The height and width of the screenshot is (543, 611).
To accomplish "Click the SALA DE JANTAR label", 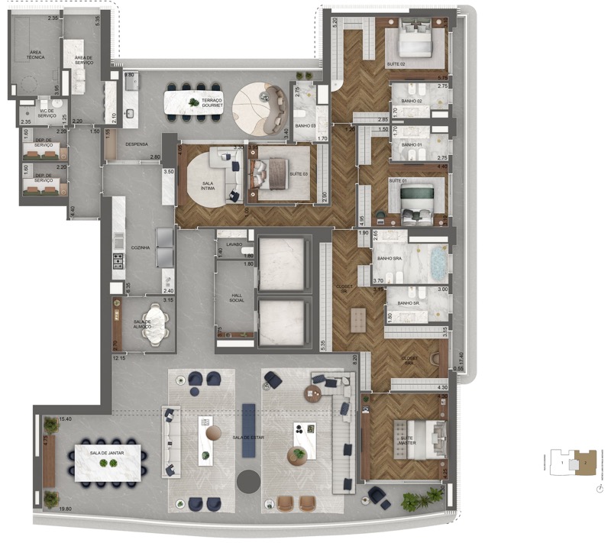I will click(106, 453).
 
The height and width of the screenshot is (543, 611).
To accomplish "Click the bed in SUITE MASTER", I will click(415, 440).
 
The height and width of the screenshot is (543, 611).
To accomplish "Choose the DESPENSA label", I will click(136, 143).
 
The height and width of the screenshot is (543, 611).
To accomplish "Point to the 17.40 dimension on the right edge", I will click(460, 357).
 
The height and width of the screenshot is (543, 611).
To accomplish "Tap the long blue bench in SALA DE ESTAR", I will click(248, 429).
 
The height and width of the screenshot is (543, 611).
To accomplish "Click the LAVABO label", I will click(234, 244).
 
